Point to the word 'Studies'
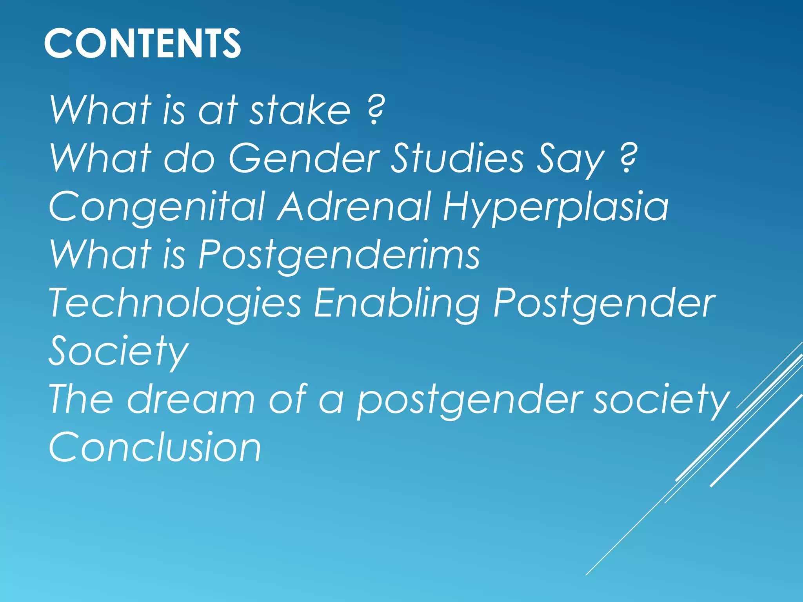click(x=457, y=158)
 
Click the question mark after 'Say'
click(x=629, y=158)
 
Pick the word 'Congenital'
click(x=157, y=207)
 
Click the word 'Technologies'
click(x=175, y=303)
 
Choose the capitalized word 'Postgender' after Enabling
click(x=604, y=303)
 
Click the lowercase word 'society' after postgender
click(x=661, y=400)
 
